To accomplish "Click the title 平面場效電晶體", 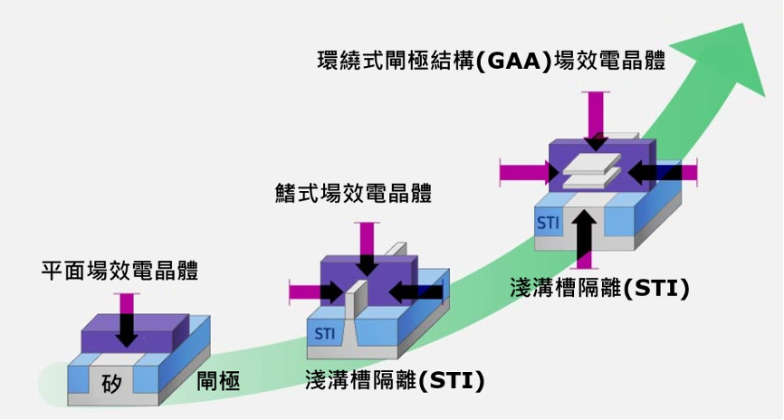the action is [120, 271].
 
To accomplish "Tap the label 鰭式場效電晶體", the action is [353, 193].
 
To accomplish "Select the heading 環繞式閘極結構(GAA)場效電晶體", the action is [492, 61].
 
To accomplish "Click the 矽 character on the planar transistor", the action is [111, 384].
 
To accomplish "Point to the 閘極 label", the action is [218, 381].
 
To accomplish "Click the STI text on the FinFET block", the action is [325, 333].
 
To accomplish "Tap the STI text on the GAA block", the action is [548, 223].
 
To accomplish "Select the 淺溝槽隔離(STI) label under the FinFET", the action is [395, 380].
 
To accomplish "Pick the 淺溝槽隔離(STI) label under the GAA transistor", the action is [600, 288].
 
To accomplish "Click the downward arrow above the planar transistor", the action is [127, 320].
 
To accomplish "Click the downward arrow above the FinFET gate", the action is [367, 249].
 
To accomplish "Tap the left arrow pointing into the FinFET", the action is [317, 292].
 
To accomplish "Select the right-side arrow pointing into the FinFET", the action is [416, 292].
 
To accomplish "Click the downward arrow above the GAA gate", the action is [596, 121].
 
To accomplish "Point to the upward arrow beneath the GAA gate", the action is [584, 239].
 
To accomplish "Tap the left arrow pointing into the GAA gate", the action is [530, 173].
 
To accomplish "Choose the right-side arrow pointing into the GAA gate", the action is [662, 173].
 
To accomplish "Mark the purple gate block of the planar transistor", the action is [135, 333].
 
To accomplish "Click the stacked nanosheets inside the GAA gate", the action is [592, 170].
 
